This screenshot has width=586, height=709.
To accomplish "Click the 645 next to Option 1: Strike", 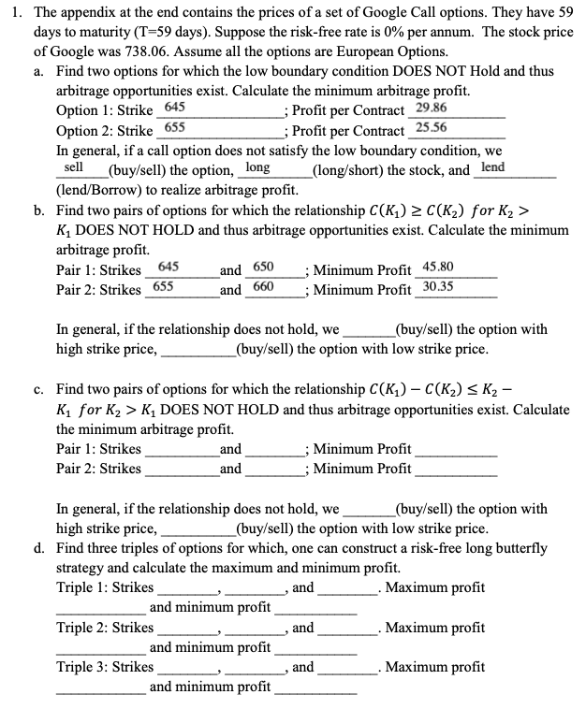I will pyautogui.click(x=176, y=109).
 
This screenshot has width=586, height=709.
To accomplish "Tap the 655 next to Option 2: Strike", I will pyautogui.click(x=176, y=128).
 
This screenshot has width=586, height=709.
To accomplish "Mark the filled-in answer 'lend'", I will pyautogui.click(x=492, y=166).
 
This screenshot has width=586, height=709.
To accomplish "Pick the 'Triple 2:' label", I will pyautogui.click(x=83, y=628).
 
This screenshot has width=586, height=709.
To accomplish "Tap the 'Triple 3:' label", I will pyautogui.click(x=83, y=667).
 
